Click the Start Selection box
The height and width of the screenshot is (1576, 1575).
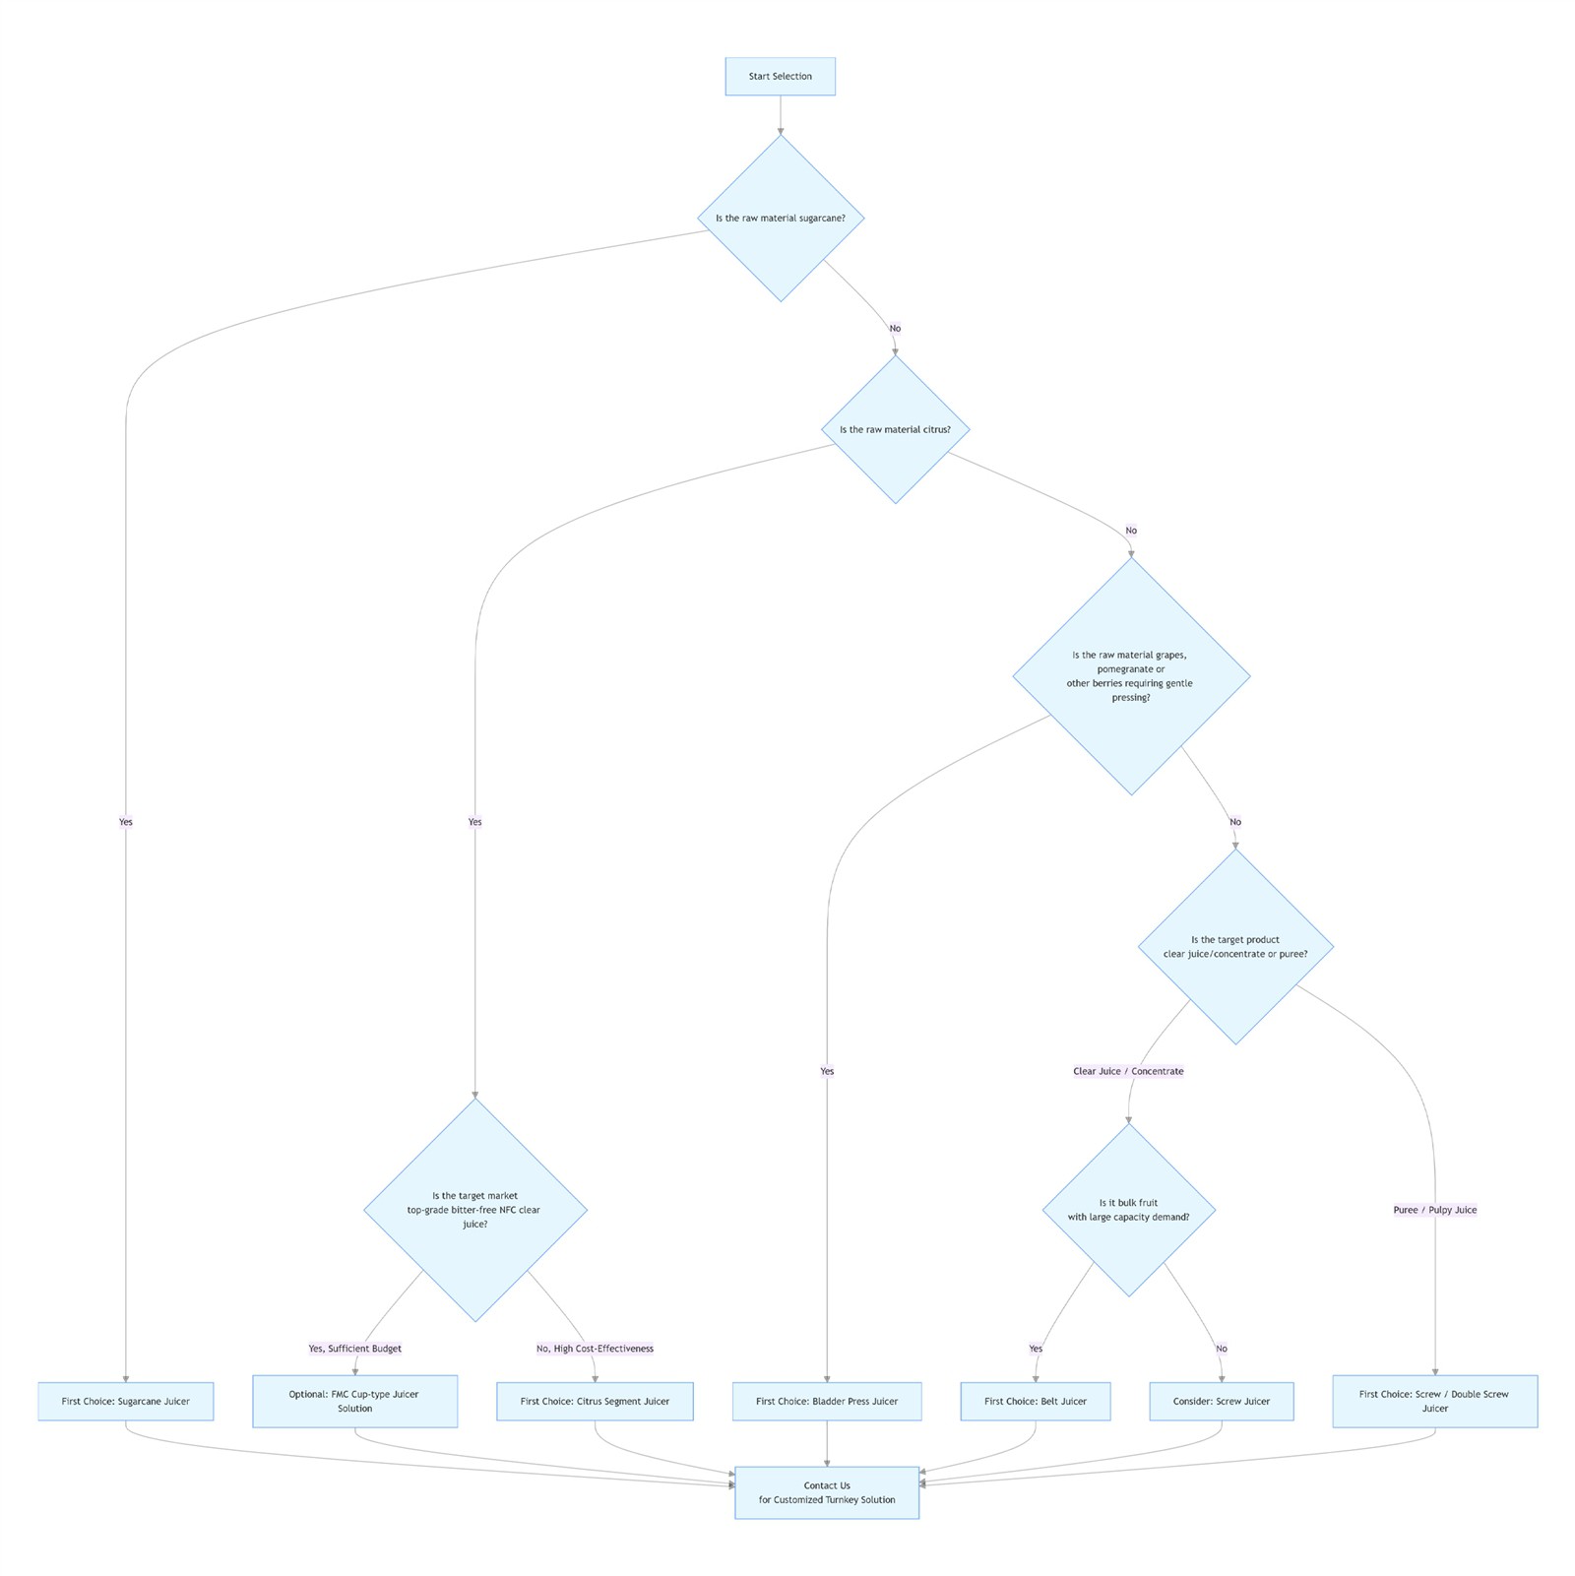780,77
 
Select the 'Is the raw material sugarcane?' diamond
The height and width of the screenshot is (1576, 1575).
781,219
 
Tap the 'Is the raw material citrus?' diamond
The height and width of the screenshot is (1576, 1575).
895,430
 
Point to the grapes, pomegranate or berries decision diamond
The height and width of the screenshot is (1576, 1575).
1130,676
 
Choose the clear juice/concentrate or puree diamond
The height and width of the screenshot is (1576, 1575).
1235,947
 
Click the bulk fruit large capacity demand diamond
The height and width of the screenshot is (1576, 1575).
1128,1210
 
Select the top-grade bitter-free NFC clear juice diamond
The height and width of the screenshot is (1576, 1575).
474,1210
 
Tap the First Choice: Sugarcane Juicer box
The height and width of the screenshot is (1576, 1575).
126,1401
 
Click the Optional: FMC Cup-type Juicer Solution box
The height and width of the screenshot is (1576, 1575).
354,1401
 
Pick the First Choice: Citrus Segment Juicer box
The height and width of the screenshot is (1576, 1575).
595,1401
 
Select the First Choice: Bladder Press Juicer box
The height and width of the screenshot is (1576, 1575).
827,1401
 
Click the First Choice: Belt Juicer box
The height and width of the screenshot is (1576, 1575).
1036,1401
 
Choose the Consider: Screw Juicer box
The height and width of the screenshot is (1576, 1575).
1221,1401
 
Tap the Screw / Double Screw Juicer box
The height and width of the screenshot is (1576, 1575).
1434,1401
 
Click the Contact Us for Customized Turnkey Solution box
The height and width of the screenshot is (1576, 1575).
827,1492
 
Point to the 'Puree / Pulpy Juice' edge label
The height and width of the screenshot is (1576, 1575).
1434,1210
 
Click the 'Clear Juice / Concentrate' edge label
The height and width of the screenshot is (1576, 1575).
1128,1071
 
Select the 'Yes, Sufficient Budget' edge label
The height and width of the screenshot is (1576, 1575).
354,1349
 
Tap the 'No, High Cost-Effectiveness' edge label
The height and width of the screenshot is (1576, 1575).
595,1349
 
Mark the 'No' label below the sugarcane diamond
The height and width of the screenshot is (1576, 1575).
895,329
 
